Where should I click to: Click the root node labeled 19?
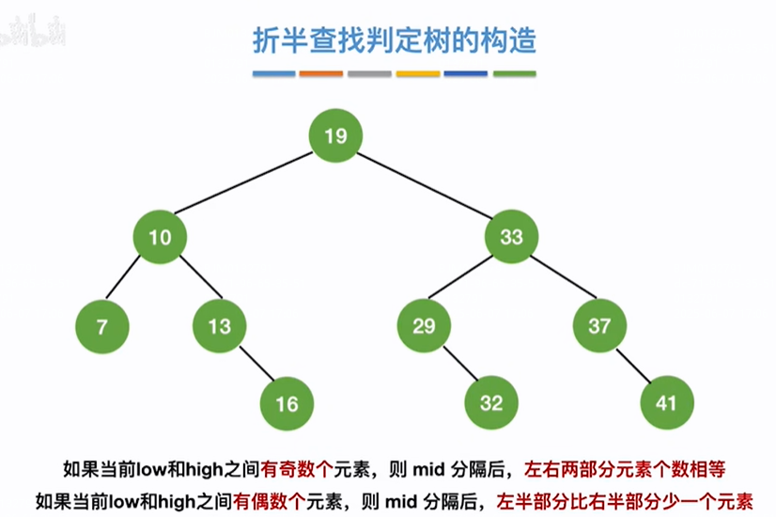pyautogui.click(x=335, y=136)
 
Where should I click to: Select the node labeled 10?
pyautogui.click(x=160, y=237)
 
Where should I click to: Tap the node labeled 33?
pyautogui.click(x=511, y=237)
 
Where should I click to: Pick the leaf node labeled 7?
pyautogui.click(x=101, y=326)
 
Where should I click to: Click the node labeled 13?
pyautogui.click(x=219, y=326)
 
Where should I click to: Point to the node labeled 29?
pyautogui.click(x=424, y=326)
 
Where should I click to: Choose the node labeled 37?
pyautogui.click(x=598, y=326)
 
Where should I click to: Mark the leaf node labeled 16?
pyautogui.click(x=287, y=404)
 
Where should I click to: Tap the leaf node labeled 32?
pyautogui.click(x=491, y=404)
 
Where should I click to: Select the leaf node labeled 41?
pyautogui.click(x=666, y=404)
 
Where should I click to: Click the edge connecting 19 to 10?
pyautogui.click(x=247, y=186)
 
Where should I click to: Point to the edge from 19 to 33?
pyautogui.click(x=423, y=186)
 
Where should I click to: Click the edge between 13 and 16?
pyautogui.click(x=253, y=365)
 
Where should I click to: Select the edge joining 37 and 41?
pyautogui.click(x=632, y=365)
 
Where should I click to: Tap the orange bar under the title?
pyautogui.click(x=320, y=74)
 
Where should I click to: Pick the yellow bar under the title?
pyautogui.click(x=418, y=74)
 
